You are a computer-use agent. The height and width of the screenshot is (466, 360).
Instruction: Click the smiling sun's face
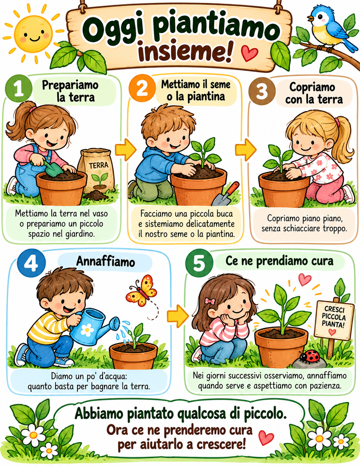tap(34, 34)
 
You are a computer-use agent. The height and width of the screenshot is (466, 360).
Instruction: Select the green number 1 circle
tap(19, 88)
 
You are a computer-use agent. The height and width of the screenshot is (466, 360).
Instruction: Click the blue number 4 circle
tap(31, 263)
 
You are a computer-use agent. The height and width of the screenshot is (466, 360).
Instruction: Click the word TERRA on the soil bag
tap(99, 165)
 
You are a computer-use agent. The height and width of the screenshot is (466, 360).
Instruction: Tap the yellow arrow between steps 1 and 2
tap(126, 150)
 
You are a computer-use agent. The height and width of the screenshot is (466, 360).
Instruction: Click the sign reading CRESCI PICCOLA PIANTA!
tap(334, 320)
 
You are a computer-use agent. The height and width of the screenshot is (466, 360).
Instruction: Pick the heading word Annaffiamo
tap(106, 262)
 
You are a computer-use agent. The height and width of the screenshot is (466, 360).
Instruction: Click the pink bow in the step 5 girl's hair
tap(210, 301)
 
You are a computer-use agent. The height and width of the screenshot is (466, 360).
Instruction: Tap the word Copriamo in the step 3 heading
tap(312, 87)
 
